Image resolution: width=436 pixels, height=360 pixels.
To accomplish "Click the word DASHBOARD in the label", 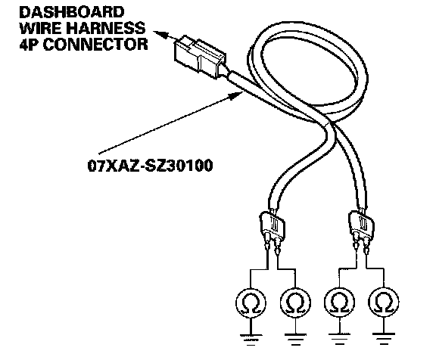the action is point(72,13).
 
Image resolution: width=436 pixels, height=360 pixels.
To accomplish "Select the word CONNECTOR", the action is point(95,44).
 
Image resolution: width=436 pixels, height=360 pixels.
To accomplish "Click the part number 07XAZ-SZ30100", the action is point(150,166).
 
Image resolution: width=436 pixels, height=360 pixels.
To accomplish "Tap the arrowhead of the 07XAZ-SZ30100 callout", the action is point(236,95).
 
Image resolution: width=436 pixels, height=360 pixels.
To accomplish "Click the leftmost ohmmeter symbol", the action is point(251,303).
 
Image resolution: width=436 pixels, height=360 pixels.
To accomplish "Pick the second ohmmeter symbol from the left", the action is point(295,303).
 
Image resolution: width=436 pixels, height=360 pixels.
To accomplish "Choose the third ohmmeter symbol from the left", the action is point(339,302).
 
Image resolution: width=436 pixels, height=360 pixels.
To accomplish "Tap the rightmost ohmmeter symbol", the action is point(384,302).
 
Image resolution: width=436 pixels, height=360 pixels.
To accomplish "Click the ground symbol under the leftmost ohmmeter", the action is point(251,340).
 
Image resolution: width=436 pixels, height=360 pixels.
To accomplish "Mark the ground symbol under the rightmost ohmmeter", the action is point(384,338).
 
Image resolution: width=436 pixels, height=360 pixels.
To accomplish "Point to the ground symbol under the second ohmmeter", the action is point(295,340).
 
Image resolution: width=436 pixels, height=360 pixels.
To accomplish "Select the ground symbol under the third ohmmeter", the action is point(339,339).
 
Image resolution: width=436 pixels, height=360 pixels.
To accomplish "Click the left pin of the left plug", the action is point(268,241).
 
